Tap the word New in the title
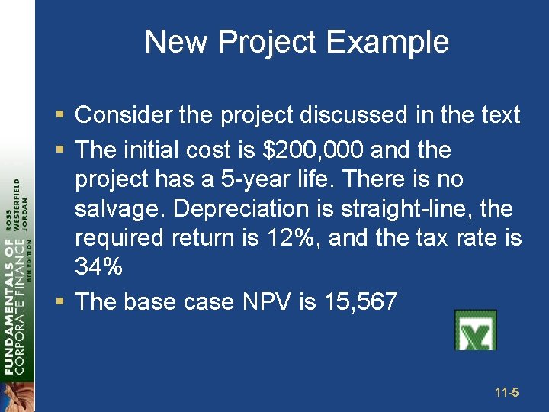(177, 42)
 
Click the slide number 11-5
(506, 393)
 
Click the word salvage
(110, 209)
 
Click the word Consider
(123, 115)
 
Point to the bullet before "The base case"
(60, 302)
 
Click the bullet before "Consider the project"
(60, 116)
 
